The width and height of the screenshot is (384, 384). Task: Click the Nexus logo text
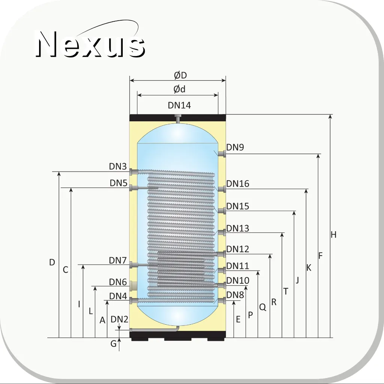pyautogui.click(x=90, y=44)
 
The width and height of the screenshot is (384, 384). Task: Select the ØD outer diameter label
pyautogui.click(x=181, y=75)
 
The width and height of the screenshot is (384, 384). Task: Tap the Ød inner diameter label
pyautogui.click(x=179, y=89)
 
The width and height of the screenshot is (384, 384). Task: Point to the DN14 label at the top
pyautogui.click(x=179, y=105)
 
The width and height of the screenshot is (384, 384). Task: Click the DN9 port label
pyautogui.click(x=235, y=148)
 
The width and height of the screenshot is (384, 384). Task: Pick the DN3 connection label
pyautogui.click(x=118, y=167)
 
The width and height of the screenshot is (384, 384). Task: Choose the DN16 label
pyautogui.click(x=238, y=184)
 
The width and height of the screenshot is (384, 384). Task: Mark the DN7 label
pyautogui.click(x=118, y=261)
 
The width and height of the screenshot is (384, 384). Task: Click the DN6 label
pyautogui.click(x=118, y=282)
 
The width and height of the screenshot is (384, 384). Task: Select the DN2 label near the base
pyautogui.click(x=119, y=319)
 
